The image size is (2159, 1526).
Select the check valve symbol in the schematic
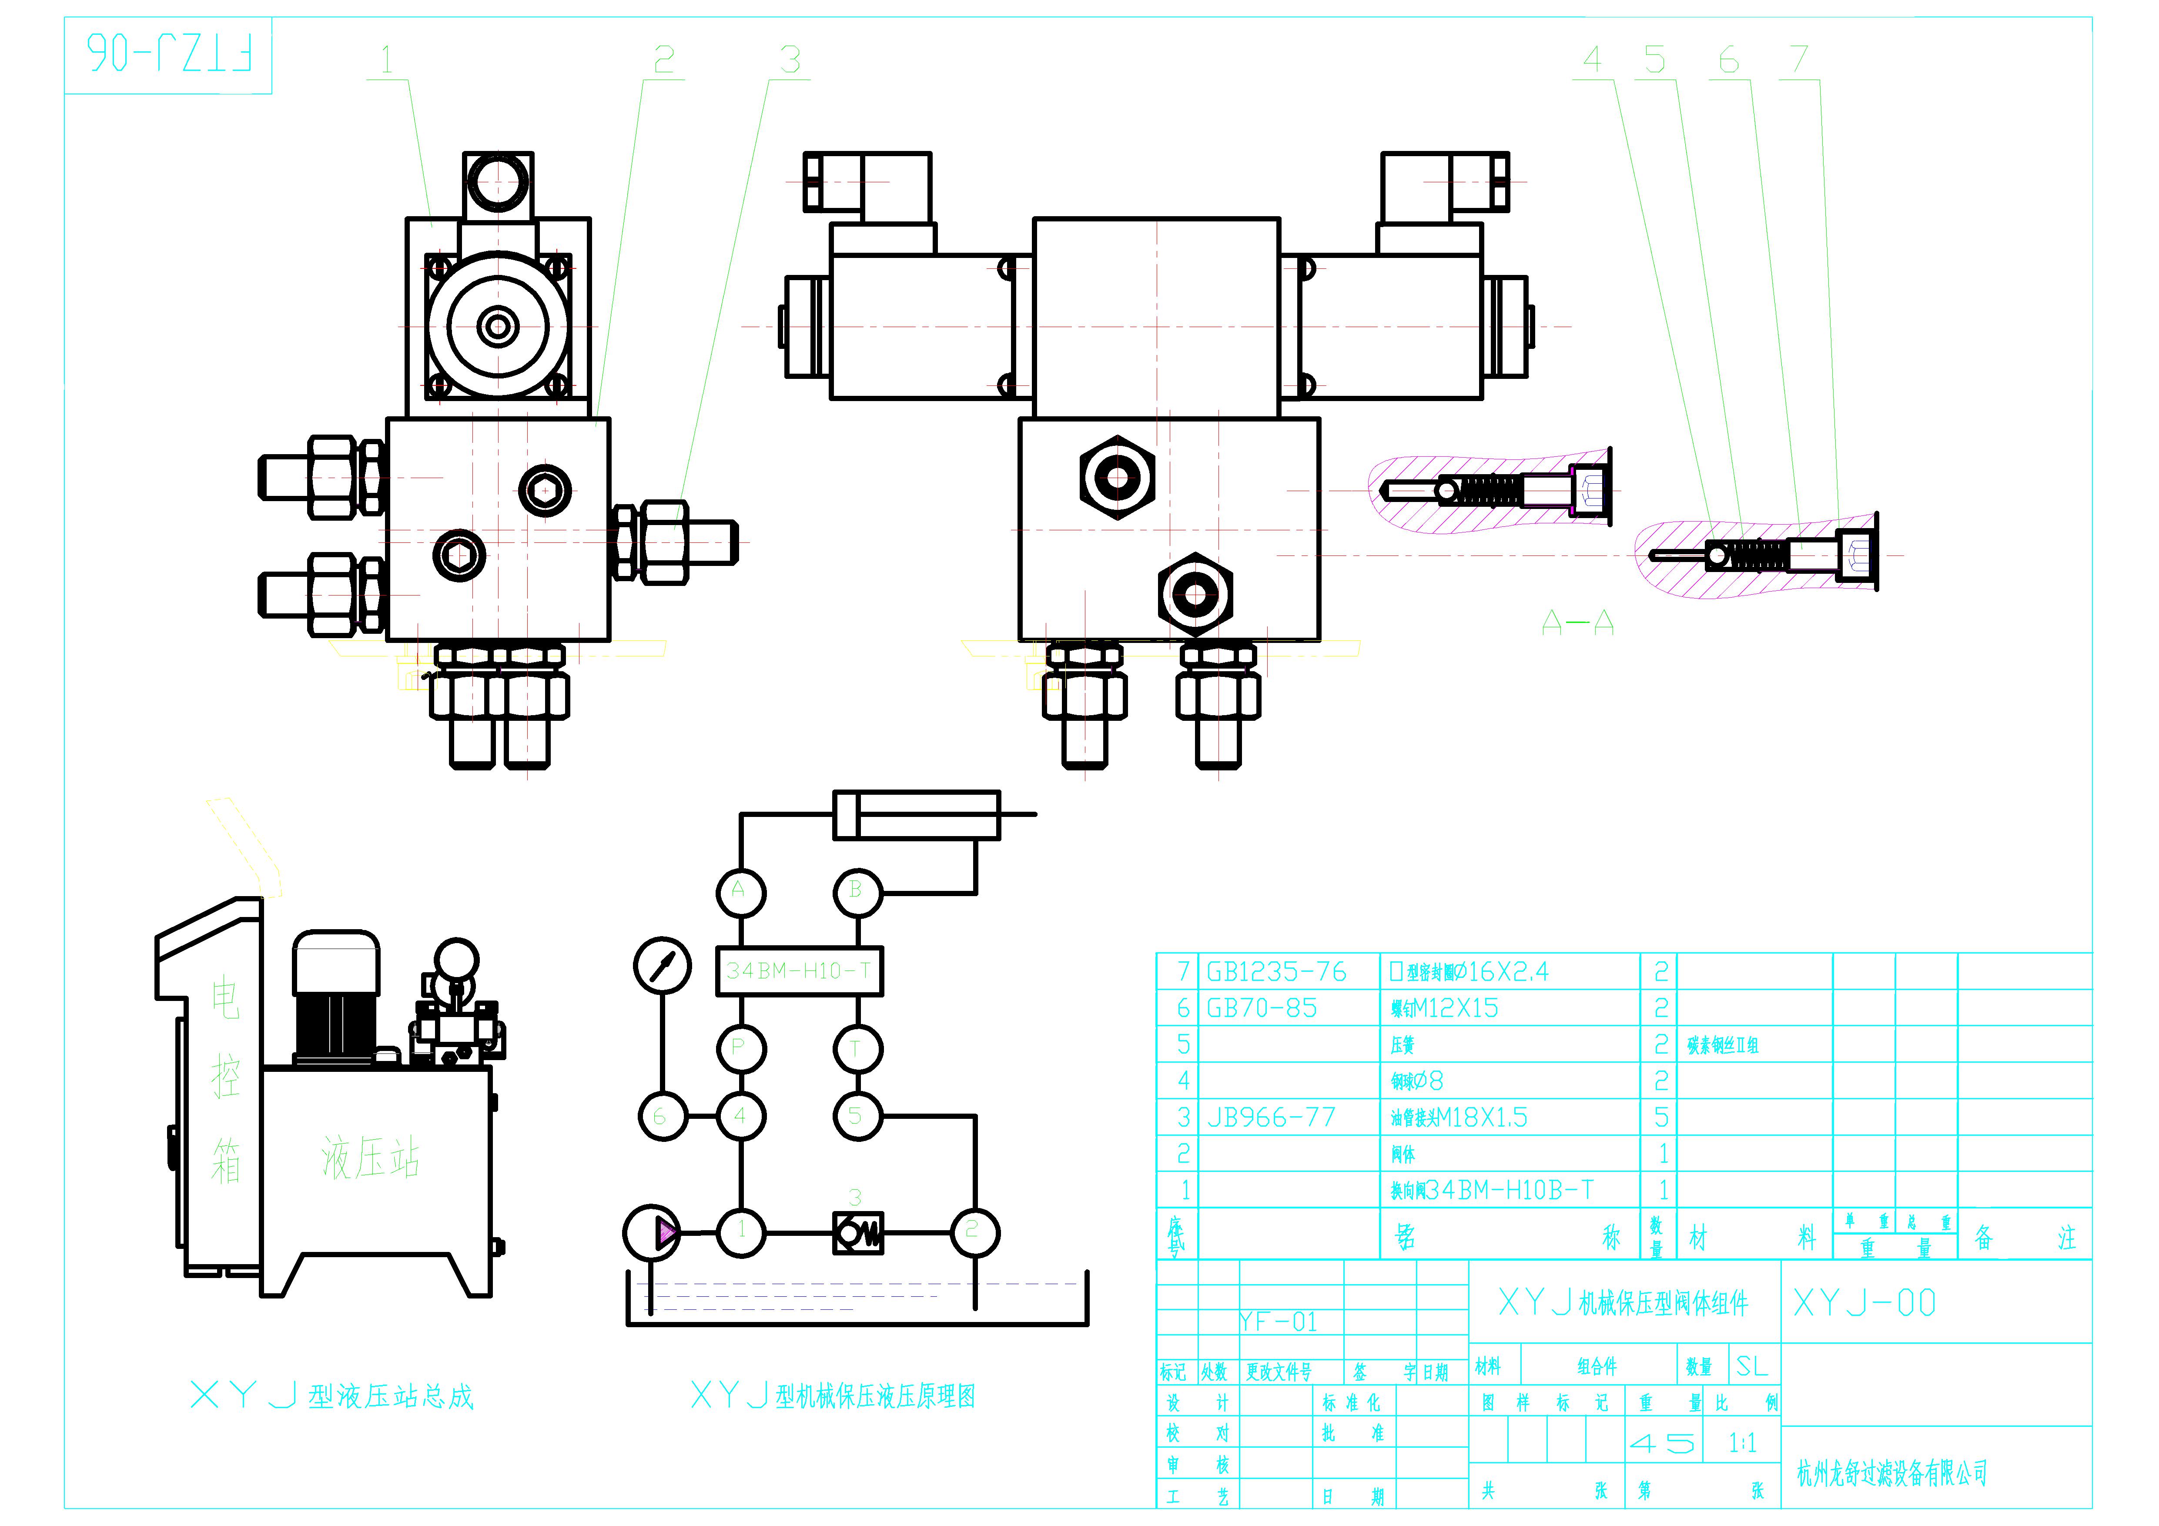(857, 1232)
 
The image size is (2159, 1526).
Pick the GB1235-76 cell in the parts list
(1276, 971)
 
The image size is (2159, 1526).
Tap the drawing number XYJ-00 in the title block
(1864, 1303)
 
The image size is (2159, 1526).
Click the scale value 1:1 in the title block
(1741, 1443)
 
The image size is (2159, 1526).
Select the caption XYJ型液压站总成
(332, 1396)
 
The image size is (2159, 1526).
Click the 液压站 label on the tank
(370, 1158)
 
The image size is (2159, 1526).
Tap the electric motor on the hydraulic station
(336, 997)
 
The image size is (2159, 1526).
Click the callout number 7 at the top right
(1799, 60)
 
